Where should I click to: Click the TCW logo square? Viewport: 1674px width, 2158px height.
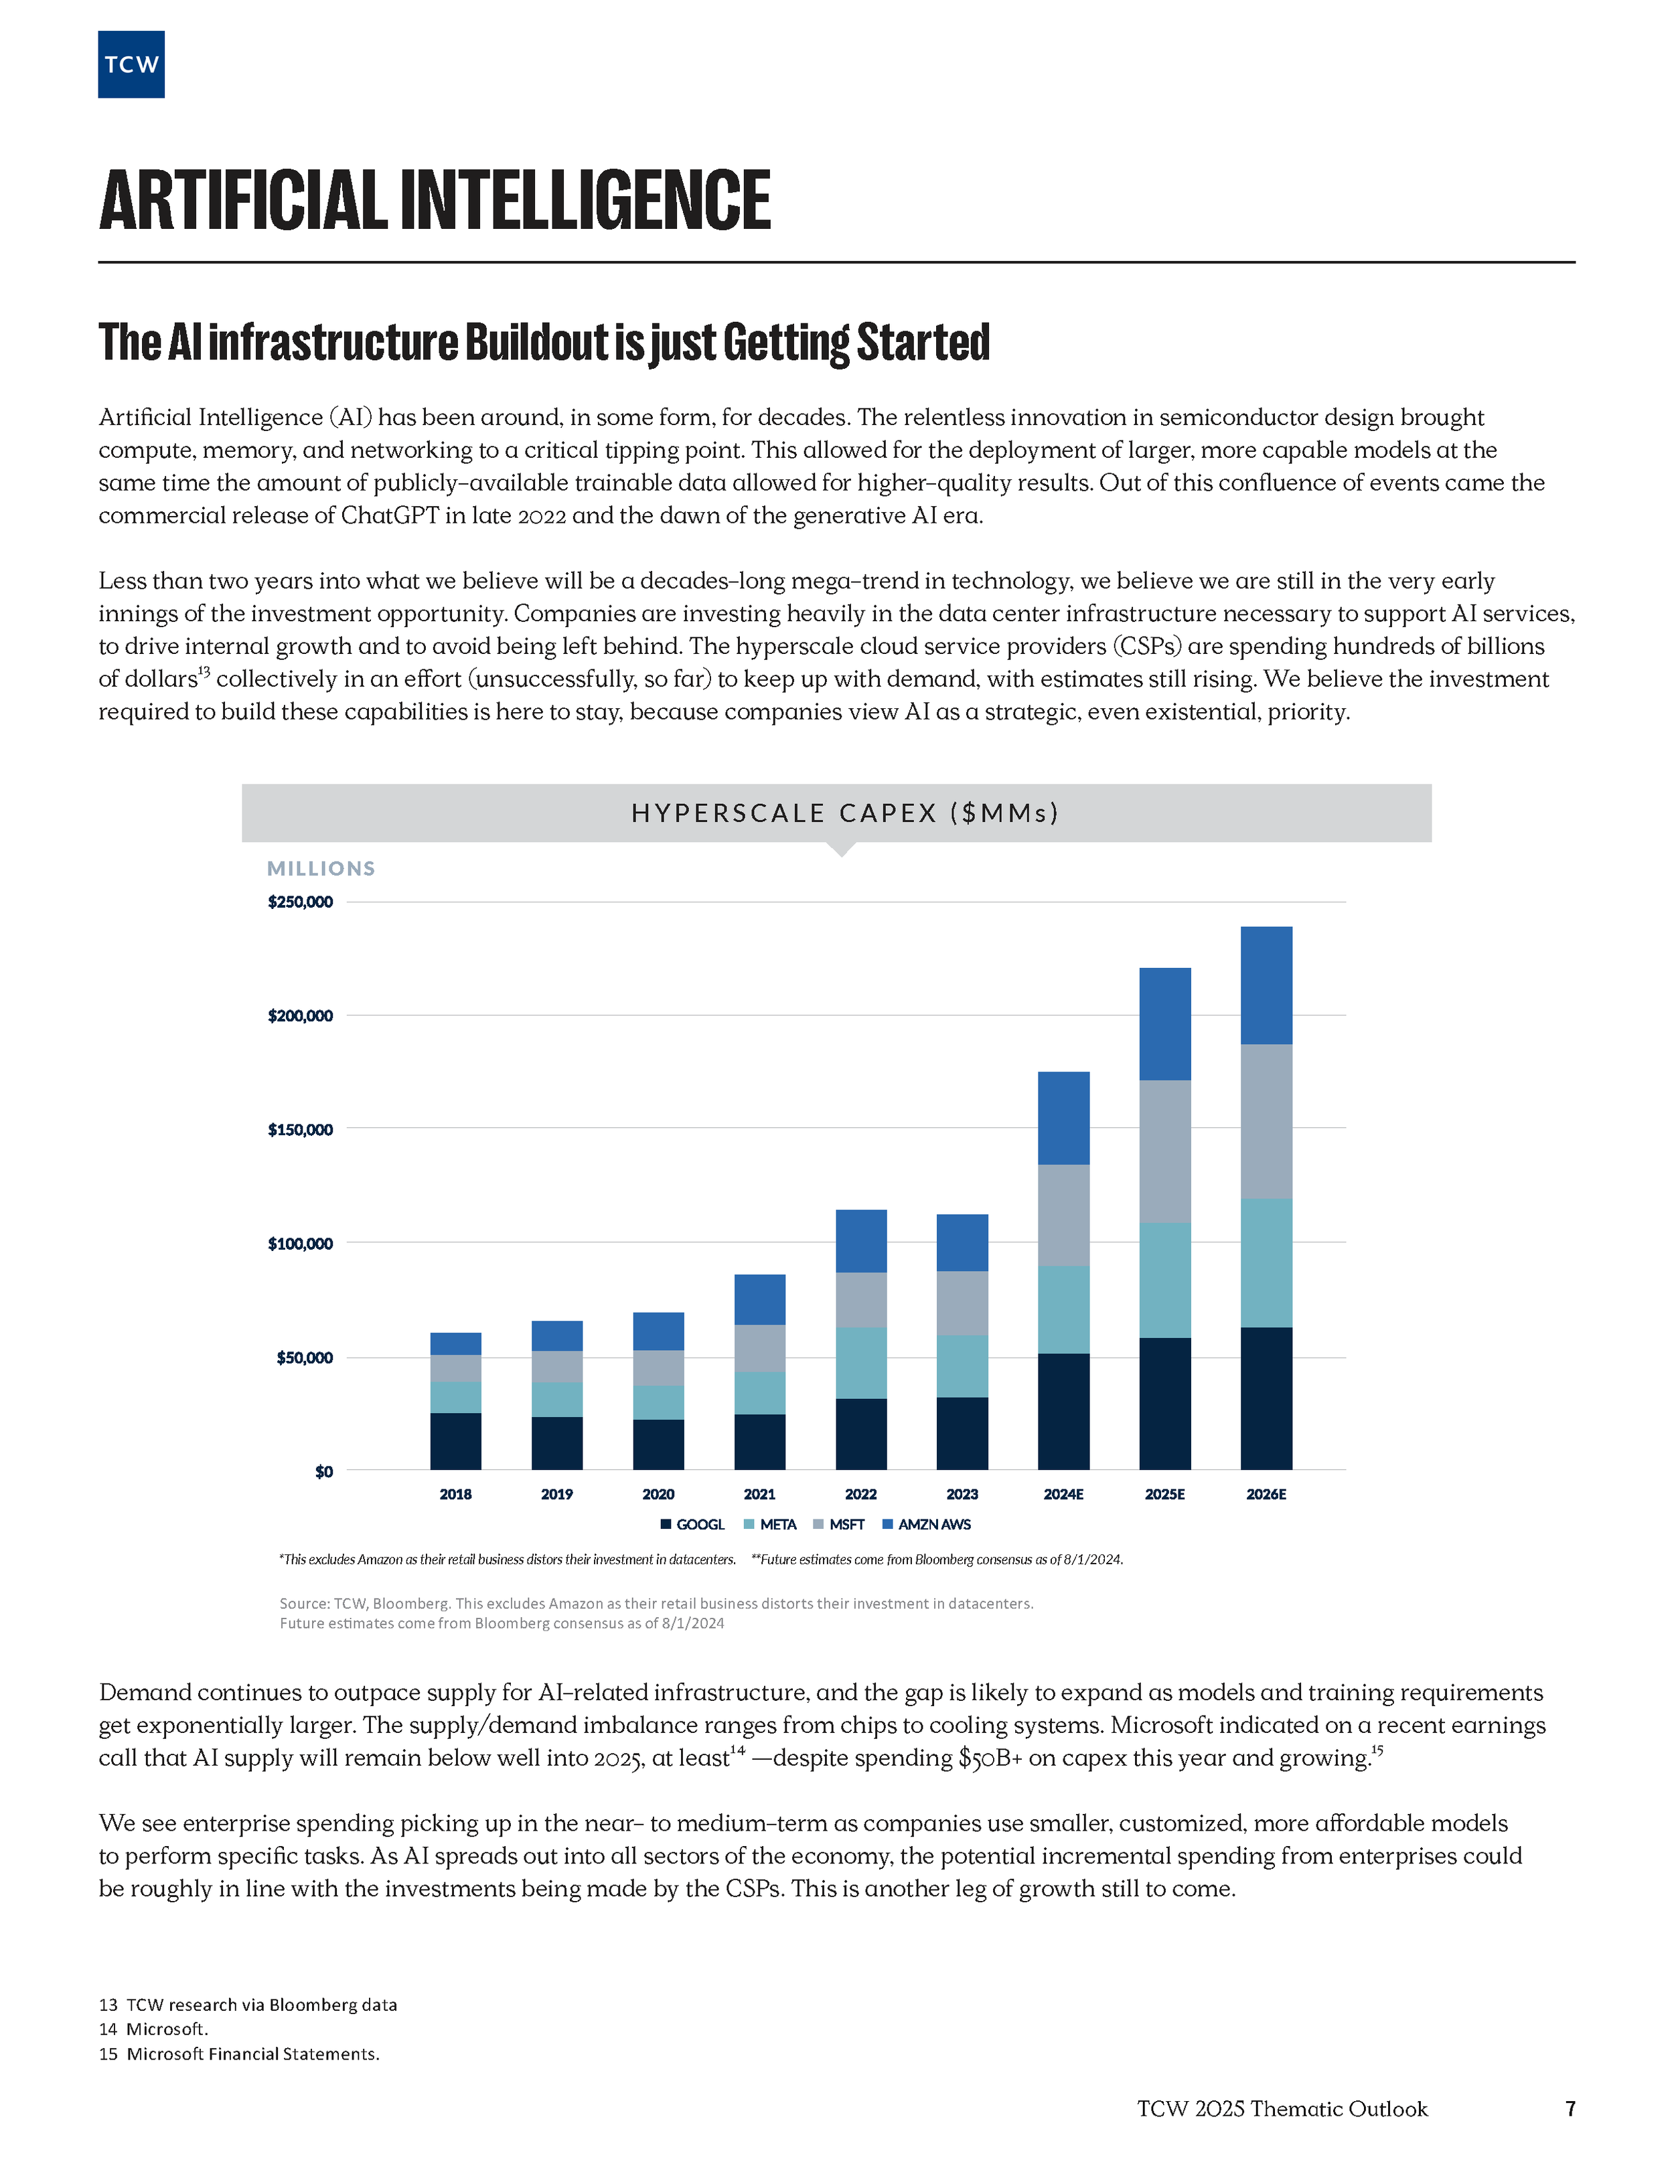131,64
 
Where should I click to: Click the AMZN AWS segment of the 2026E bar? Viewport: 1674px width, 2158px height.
1266,985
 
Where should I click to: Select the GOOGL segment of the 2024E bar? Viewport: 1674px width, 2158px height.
1063,1411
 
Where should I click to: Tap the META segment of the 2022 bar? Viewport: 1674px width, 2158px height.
860,1363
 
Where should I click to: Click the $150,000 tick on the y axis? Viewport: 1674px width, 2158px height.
301,1129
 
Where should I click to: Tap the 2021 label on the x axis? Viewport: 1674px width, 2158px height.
759,1494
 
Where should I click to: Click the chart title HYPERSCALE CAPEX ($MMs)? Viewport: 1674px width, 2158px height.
845,813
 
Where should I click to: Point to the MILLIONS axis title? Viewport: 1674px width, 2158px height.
321,869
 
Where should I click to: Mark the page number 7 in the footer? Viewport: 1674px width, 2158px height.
1570,2108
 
